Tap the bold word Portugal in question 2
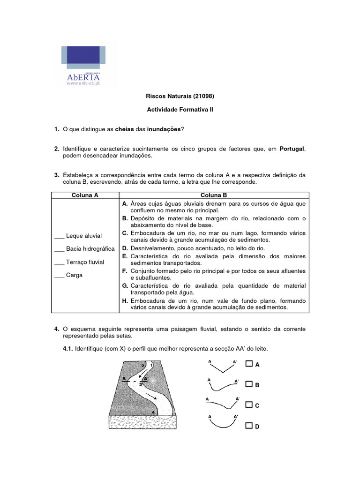coord(292,149)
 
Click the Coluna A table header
coord(85,195)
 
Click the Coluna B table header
coord(213,195)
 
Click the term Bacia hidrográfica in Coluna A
coord(90,249)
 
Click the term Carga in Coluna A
coord(74,275)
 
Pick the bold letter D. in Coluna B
coord(125,248)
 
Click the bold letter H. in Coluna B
coord(125,300)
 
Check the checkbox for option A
coord(249,364)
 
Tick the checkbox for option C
coord(249,404)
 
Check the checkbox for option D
coord(249,426)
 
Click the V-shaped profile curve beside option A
coord(222,367)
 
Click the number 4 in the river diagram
coord(153,412)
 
